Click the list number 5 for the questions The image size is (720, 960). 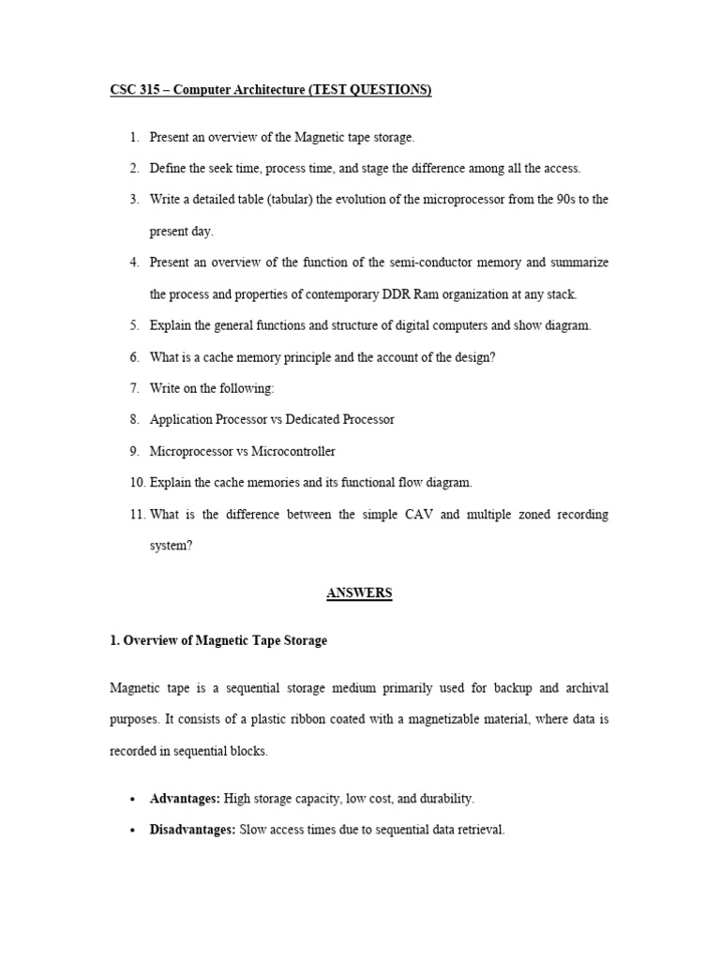click(x=135, y=325)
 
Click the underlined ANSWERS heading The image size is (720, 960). click(x=359, y=593)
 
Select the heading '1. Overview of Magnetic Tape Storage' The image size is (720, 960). click(x=218, y=641)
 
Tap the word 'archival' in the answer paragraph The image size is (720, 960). click(x=587, y=688)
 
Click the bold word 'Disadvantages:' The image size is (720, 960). click(x=193, y=830)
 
